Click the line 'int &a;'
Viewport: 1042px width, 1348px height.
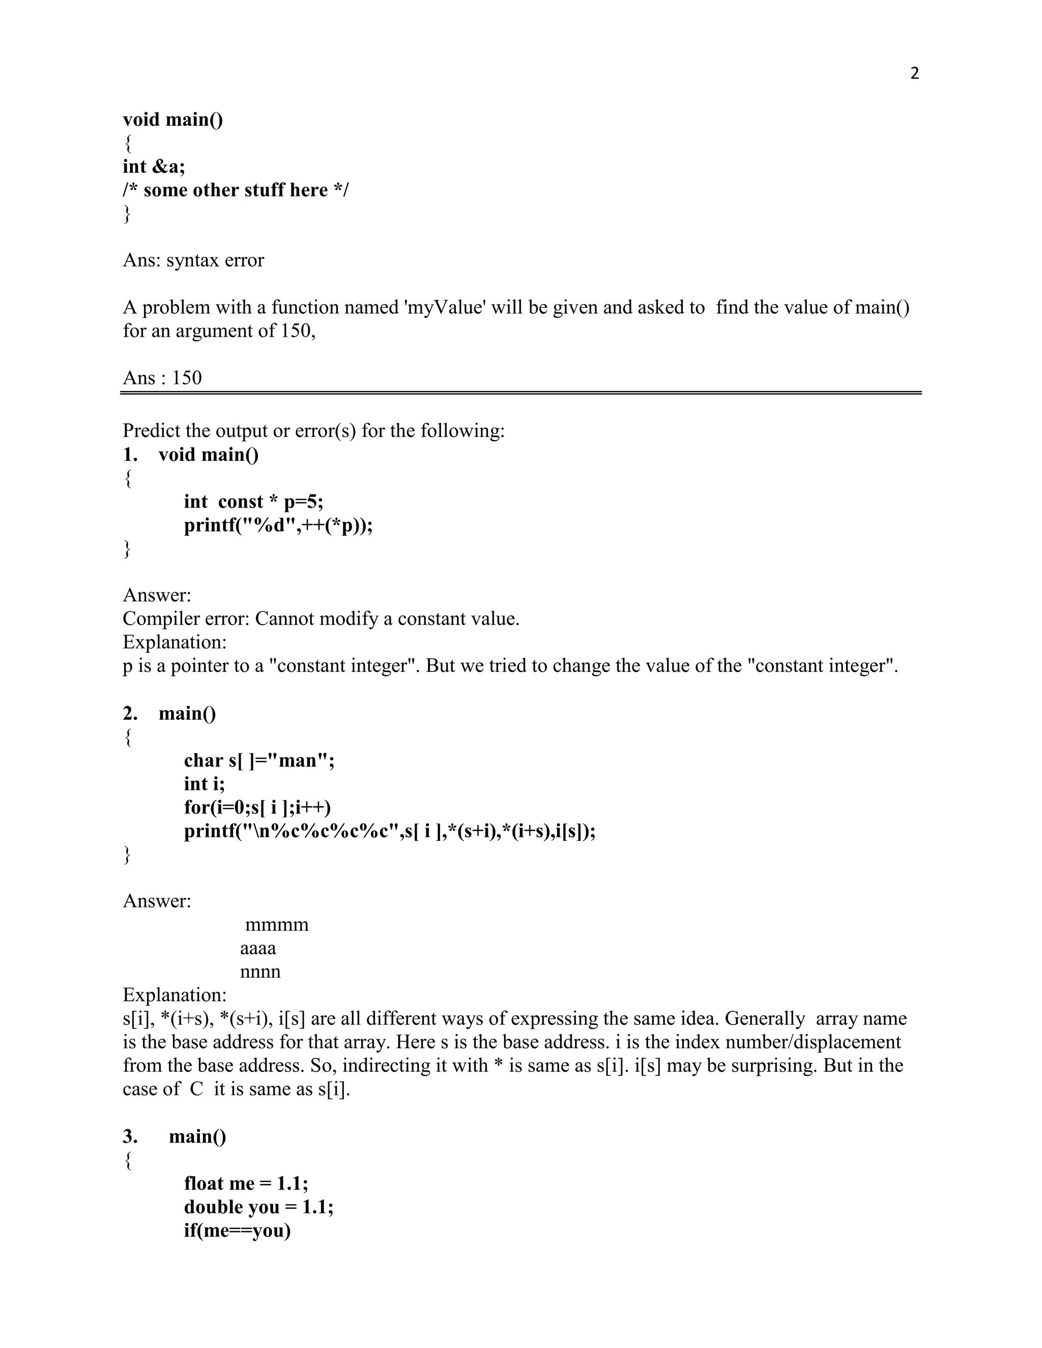[x=154, y=167]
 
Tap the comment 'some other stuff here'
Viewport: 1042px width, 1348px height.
[x=235, y=190]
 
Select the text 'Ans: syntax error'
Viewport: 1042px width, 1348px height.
[x=193, y=260]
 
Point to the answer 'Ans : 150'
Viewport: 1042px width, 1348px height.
[x=162, y=378]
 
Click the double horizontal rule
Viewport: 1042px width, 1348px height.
[x=520, y=393]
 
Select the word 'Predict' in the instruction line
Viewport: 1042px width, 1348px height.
[x=154, y=431]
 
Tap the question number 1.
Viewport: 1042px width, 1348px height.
[x=130, y=455]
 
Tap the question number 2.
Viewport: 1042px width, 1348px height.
[x=130, y=714]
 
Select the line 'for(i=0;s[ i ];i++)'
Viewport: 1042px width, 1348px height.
[x=257, y=807]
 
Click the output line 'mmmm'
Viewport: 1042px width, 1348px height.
[x=277, y=925]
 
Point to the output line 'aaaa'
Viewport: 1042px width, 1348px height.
[x=258, y=949]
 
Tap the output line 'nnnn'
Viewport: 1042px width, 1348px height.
[x=260, y=972]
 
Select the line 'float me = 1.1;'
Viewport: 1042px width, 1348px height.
[x=246, y=1183]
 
